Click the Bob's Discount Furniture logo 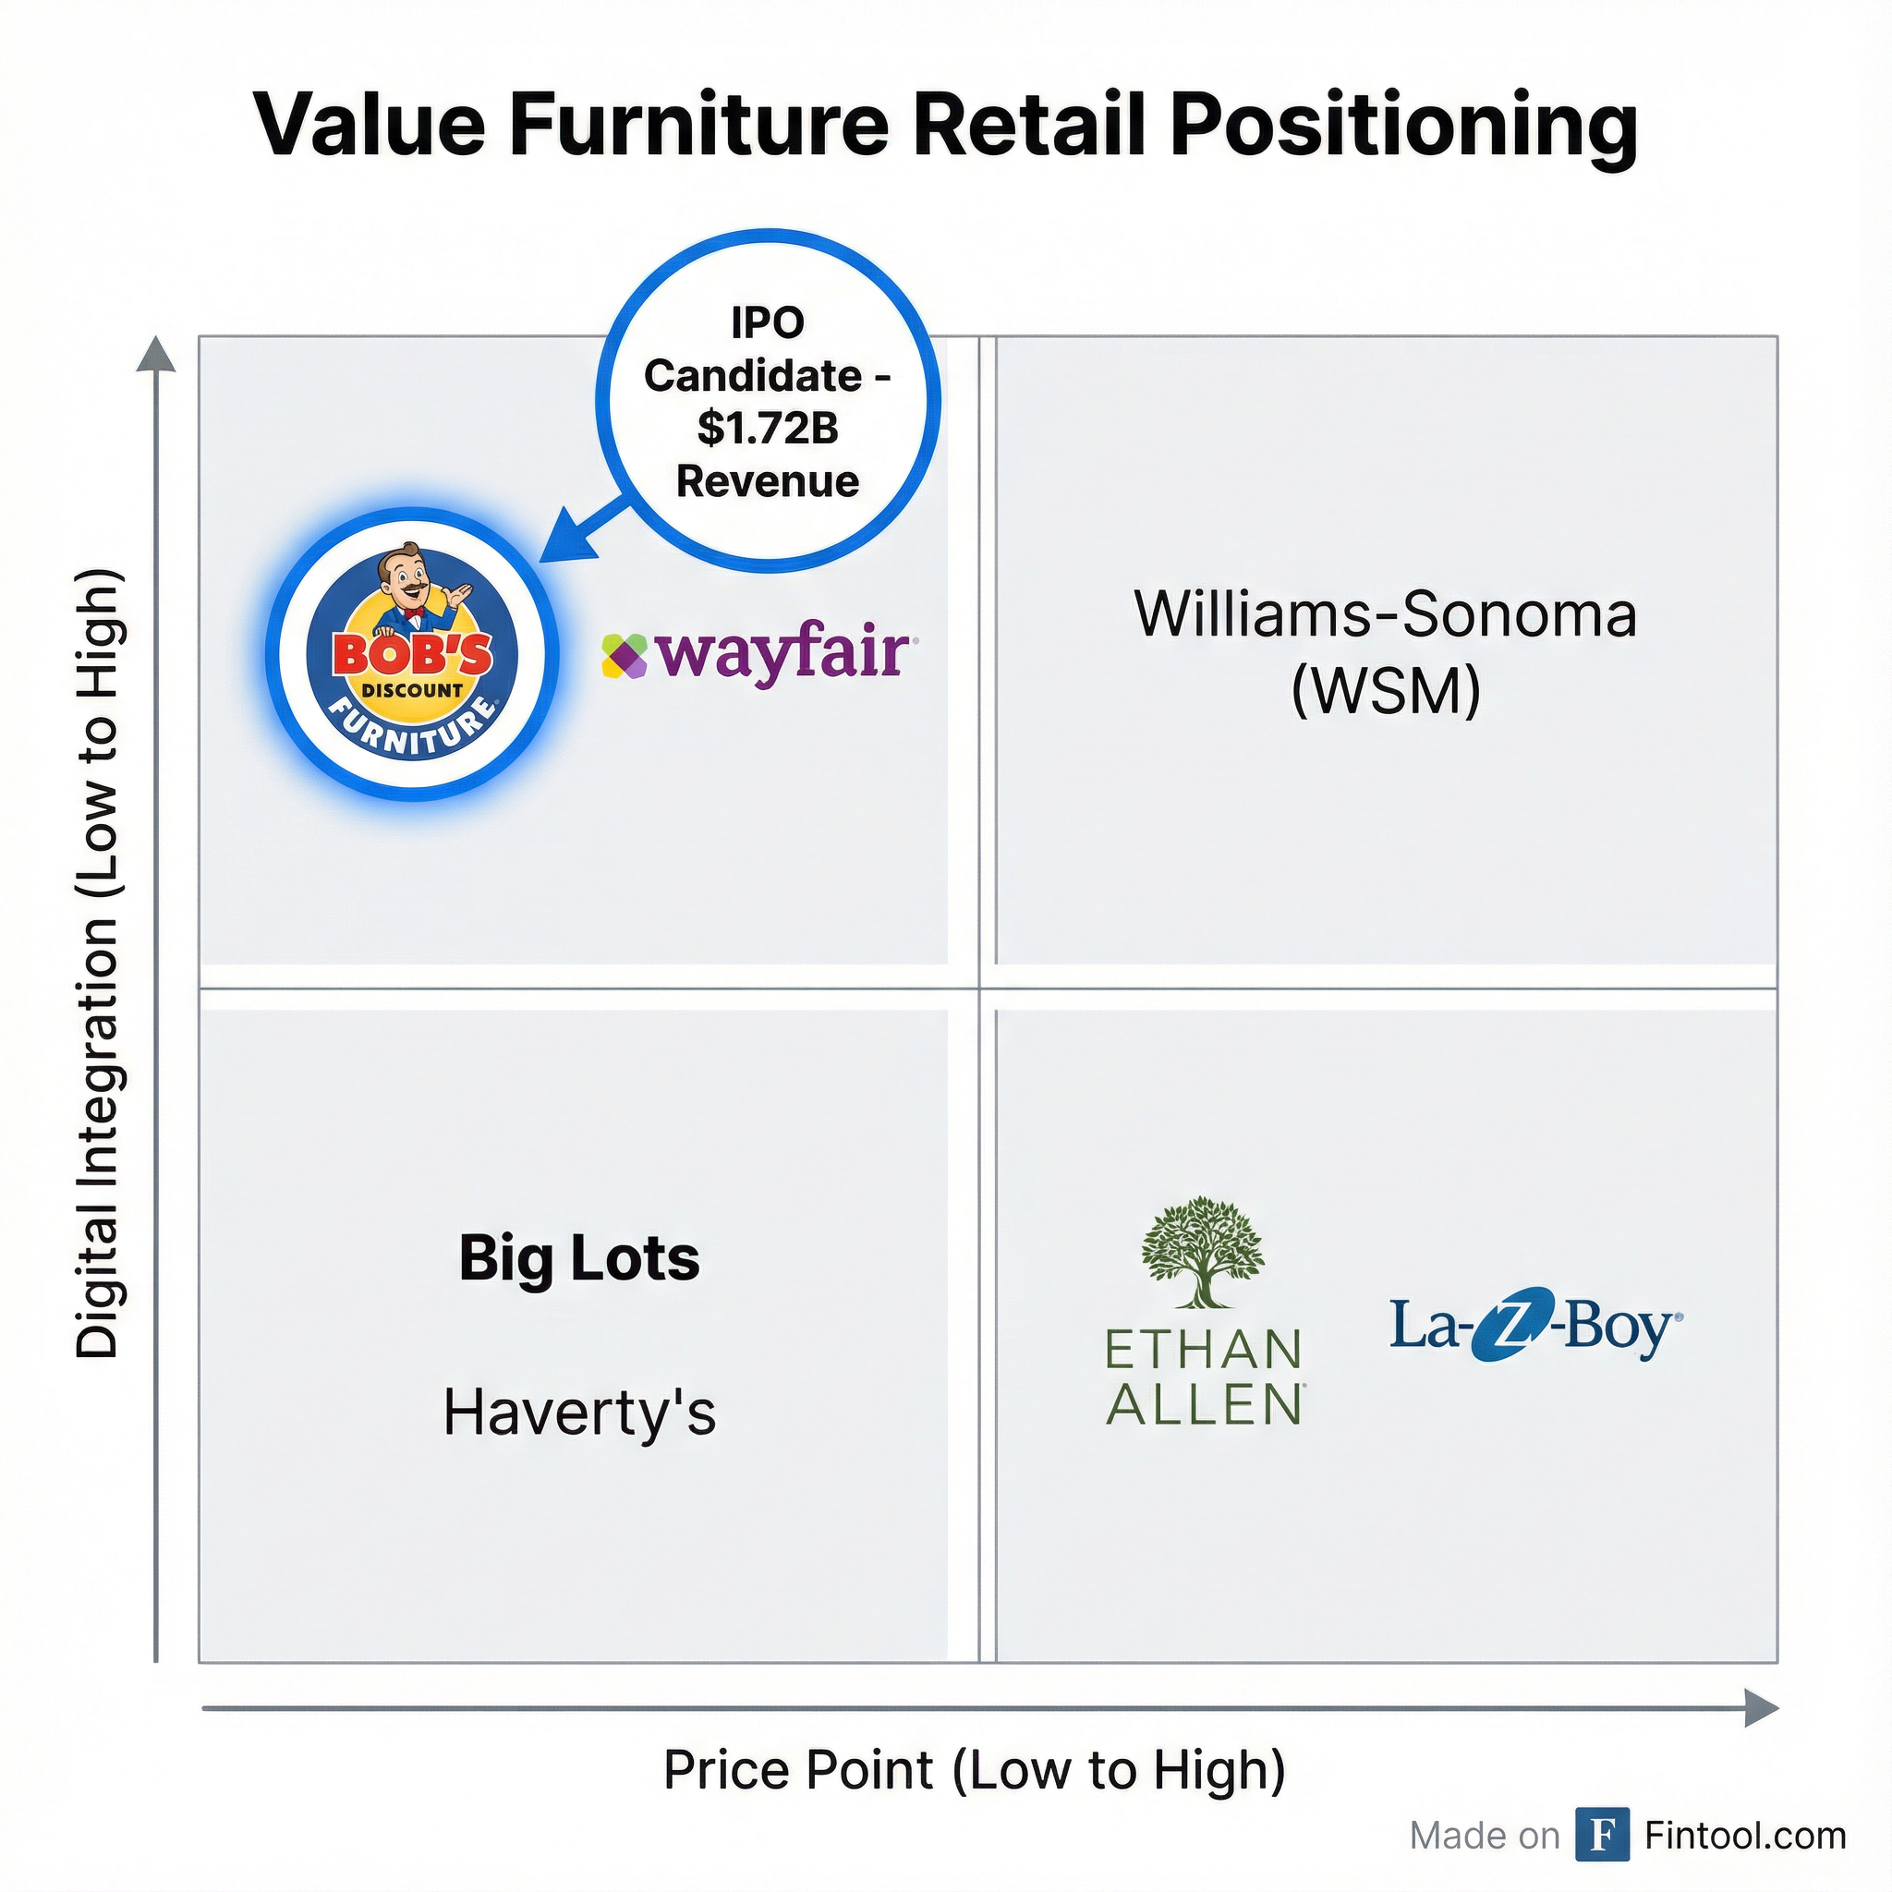pyautogui.click(x=412, y=653)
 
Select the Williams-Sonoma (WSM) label pyautogui.click(x=1385, y=652)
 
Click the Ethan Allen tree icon pyautogui.click(x=1203, y=1252)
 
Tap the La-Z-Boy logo pyautogui.click(x=1535, y=1328)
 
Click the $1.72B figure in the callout pyautogui.click(x=768, y=428)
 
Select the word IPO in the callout pyautogui.click(x=768, y=322)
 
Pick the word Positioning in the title pyautogui.click(x=1402, y=126)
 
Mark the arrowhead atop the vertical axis pyautogui.click(x=156, y=356)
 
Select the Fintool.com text pyautogui.click(x=1745, y=1836)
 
